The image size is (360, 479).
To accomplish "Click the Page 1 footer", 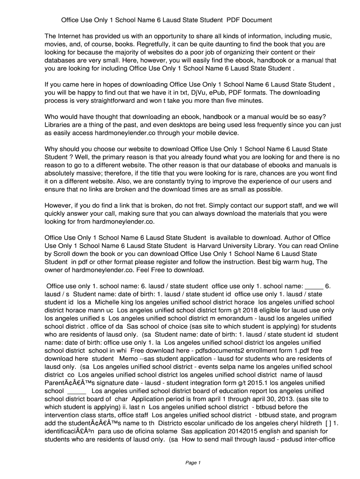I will point(193,463).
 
